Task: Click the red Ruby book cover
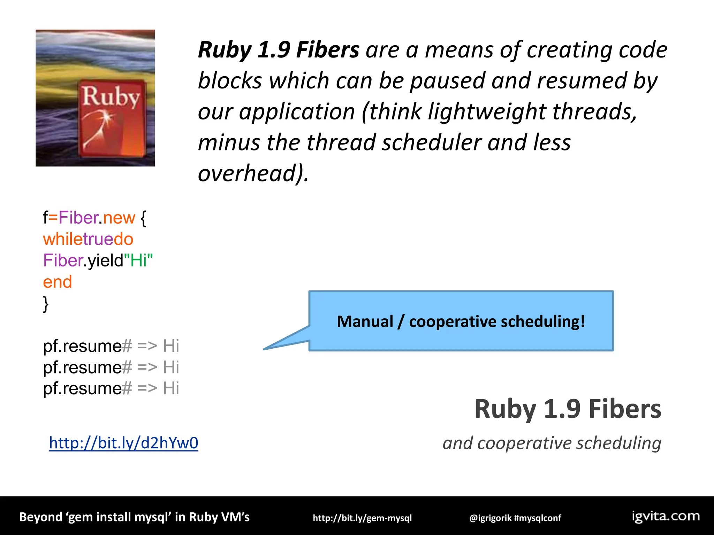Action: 112,118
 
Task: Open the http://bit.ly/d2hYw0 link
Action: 123,443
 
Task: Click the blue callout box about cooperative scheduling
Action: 461,321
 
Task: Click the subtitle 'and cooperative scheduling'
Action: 552,443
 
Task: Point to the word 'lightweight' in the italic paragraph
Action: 486,111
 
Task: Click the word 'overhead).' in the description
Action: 253,173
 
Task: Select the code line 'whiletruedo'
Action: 88,239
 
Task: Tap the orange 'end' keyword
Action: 57,282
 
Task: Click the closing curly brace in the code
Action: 46,304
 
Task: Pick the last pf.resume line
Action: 111,388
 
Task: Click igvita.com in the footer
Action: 666,516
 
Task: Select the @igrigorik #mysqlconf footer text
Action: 515,518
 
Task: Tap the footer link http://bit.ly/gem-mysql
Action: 362,518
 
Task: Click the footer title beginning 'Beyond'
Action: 134,517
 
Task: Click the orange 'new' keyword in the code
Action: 119,218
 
